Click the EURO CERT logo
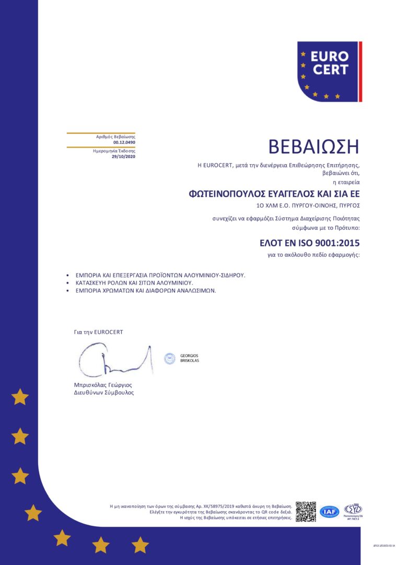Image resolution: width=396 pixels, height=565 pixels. point(330,72)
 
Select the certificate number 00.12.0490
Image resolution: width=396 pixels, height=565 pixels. point(124,142)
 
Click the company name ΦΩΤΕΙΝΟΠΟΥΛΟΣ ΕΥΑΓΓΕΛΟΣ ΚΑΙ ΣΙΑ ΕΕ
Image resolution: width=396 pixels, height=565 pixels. point(274,194)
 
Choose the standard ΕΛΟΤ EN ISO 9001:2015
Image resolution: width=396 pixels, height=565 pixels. point(310,243)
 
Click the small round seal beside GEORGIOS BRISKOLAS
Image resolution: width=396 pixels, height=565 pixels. point(169,358)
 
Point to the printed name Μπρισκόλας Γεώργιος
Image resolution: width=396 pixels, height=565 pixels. point(103,385)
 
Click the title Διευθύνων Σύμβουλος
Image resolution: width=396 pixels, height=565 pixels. point(103,392)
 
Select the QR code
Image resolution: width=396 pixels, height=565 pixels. point(306,512)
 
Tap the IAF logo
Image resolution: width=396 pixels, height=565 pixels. point(329,512)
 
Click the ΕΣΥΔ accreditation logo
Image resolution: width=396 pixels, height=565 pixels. point(353,509)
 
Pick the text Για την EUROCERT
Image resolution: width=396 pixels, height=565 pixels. point(99,332)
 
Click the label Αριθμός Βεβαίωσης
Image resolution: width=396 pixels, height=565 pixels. point(115,137)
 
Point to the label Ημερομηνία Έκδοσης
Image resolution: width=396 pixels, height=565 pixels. point(114,151)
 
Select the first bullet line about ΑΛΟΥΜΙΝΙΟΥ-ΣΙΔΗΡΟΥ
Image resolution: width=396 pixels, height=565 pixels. point(160,275)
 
